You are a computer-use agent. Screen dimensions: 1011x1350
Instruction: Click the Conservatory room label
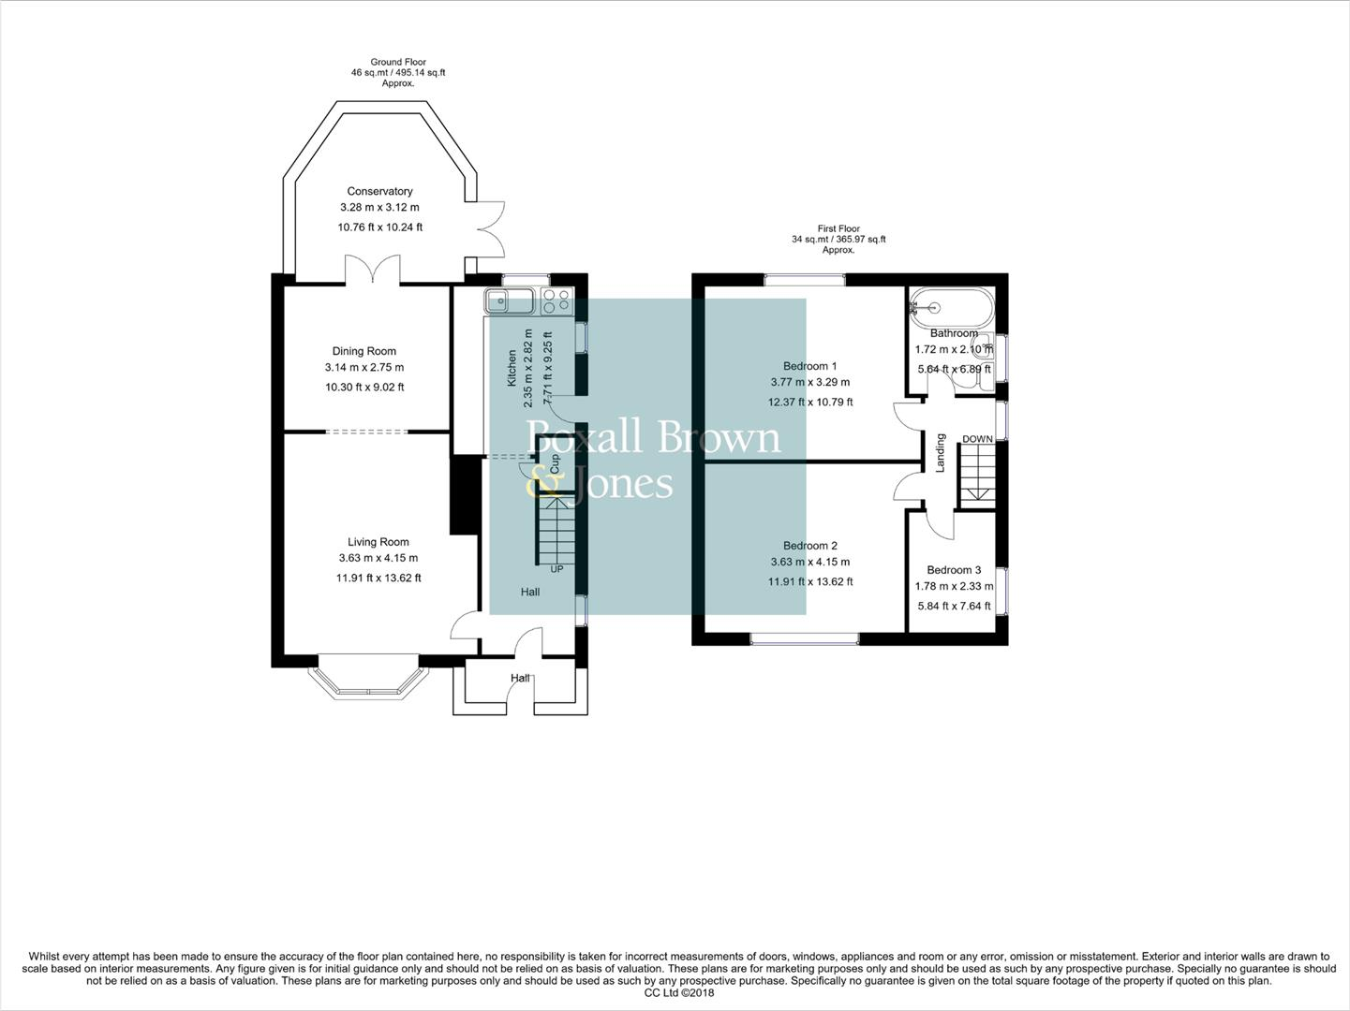[x=379, y=191]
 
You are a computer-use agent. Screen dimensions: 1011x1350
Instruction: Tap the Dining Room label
[x=363, y=351]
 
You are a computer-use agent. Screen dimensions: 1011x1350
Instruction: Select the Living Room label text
[x=378, y=542]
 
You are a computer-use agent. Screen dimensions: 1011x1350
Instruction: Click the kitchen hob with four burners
[x=556, y=300]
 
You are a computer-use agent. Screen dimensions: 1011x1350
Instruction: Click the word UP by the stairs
[x=556, y=569]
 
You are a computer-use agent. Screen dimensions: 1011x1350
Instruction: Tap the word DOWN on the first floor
[x=977, y=439]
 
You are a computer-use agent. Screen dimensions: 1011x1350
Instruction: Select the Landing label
[x=941, y=452]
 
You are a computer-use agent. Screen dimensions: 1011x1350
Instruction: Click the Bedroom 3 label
[x=954, y=570]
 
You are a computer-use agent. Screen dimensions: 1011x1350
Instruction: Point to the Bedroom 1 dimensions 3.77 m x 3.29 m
[x=809, y=382]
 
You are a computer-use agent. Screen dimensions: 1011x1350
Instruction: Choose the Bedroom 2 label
[x=809, y=546]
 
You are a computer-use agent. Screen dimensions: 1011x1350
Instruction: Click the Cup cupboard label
[x=554, y=462]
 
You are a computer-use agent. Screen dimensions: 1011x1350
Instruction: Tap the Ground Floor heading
[x=398, y=63]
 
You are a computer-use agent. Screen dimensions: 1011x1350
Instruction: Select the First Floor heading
[x=838, y=228]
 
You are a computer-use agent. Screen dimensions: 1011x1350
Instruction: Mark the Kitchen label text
[x=512, y=368]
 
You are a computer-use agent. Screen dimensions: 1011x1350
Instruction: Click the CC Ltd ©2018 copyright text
[x=679, y=993]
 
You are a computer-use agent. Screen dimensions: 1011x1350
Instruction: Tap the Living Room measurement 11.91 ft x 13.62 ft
[x=378, y=578]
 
